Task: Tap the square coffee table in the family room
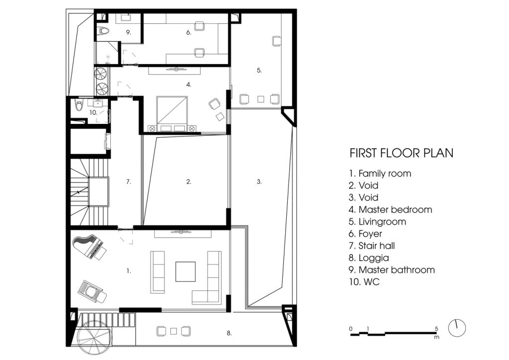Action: pos(186,271)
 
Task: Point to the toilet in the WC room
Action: pos(79,105)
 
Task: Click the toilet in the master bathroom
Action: pos(103,31)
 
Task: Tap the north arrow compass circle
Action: pos(457,328)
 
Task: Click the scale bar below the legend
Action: pos(394,333)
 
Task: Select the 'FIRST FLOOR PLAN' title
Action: pos(402,153)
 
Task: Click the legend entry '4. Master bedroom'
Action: pos(391,210)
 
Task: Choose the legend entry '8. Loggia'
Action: pos(369,258)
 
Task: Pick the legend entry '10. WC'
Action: pos(364,282)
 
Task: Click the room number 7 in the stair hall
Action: pos(129,182)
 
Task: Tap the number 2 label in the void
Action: pos(189,182)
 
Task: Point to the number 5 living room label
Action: pos(259,70)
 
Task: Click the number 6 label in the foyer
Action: pos(189,32)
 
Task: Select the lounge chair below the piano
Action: pos(92,291)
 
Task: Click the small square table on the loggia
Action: pos(173,332)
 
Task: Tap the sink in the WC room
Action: pos(98,103)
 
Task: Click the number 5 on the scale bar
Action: pos(436,329)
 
